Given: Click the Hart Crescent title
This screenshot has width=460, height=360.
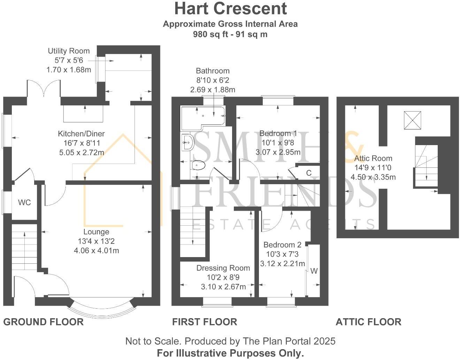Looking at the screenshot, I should (230, 8).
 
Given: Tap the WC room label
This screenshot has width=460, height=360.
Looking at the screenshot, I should (24, 203).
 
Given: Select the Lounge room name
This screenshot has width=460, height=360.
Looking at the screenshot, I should (96, 232).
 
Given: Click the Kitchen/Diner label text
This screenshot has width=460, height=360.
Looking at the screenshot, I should (81, 134).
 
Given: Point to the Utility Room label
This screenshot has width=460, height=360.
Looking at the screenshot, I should (69, 51).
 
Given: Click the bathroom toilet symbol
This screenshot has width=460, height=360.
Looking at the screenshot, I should (199, 165).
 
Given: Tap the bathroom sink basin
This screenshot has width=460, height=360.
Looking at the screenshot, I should (188, 142).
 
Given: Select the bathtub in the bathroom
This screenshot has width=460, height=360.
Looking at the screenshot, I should (202, 115).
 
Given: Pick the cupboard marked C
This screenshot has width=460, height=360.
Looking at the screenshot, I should (308, 173).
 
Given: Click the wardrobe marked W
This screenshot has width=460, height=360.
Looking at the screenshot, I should (314, 271).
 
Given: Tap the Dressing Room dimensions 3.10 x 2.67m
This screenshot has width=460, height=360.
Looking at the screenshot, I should (223, 287).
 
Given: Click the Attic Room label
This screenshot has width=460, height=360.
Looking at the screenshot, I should (373, 158).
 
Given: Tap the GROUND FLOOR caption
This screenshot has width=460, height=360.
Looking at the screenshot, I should (44, 322).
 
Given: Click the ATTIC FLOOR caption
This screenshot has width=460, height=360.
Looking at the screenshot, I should (368, 322).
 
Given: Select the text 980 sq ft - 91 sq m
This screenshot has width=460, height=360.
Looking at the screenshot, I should (230, 34).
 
